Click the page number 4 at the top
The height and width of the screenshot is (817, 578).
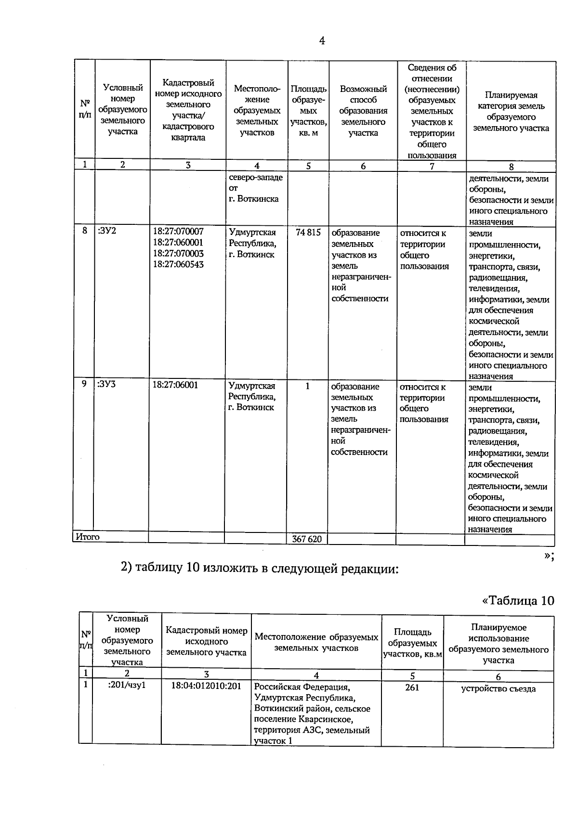[322, 41]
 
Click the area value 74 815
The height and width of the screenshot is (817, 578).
[308, 233]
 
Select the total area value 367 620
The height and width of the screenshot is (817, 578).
[307, 539]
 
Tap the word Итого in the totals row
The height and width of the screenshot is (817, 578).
[87, 536]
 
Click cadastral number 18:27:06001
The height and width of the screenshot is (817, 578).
[175, 385]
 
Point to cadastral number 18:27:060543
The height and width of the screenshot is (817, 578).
[178, 264]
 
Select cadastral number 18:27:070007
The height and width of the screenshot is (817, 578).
[178, 232]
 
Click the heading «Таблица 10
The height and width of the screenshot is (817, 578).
[518, 601]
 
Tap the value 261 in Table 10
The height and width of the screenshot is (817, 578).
[412, 687]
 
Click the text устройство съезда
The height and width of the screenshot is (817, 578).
[498, 688]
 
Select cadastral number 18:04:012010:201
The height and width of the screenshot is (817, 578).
[206, 686]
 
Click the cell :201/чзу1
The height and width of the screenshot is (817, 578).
[127, 685]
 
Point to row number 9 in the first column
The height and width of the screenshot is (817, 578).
[84, 384]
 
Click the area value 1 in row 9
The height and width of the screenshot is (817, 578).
[307, 386]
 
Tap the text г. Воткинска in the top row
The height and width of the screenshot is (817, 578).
[254, 199]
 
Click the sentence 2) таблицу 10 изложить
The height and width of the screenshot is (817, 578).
[260, 568]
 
